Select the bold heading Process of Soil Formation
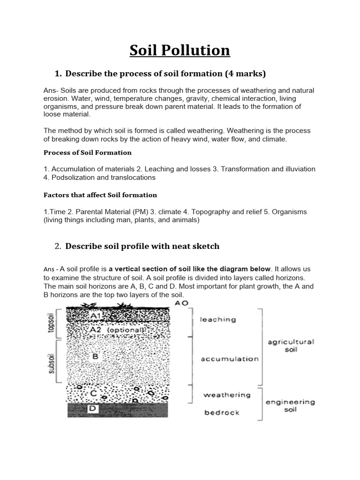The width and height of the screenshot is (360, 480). coord(88,152)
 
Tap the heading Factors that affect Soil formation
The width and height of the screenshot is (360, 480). coord(100,195)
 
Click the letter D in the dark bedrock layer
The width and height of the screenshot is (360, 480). coord(93,409)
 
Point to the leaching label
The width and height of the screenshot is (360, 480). coord(218,320)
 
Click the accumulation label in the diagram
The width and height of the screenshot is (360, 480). coord(230,359)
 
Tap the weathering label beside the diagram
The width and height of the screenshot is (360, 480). coord(227,395)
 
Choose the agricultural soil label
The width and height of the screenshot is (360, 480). coord(291,346)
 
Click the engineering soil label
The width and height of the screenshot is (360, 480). coord(290,405)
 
